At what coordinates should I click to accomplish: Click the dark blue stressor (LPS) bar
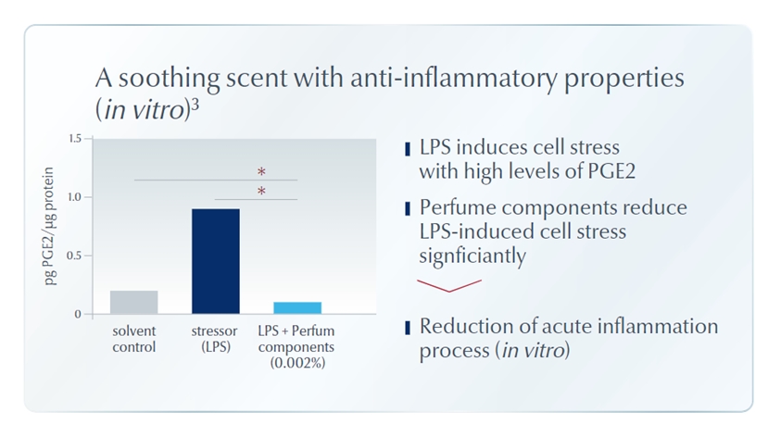[216, 261]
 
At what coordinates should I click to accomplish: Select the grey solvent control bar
[133, 302]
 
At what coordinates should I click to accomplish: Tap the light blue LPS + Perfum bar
[297, 308]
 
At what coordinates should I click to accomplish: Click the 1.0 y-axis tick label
[74, 197]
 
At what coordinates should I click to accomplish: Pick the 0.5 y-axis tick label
[74, 256]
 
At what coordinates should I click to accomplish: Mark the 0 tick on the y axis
[78, 315]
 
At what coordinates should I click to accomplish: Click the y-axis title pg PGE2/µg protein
[49, 226]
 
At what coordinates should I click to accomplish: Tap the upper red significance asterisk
[261, 172]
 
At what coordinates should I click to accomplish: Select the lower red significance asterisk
[261, 191]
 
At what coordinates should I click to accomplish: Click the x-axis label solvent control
[133, 339]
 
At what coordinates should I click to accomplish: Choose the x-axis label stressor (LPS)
[215, 339]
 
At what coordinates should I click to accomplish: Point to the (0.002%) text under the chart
[297, 363]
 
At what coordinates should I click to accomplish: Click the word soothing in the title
[169, 79]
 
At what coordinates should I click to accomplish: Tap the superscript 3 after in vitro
[195, 106]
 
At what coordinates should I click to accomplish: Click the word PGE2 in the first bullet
[611, 171]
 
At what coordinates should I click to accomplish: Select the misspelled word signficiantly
[472, 256]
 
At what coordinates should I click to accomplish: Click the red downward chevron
[449, 286]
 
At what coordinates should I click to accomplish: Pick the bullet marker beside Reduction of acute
[408, 328]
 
